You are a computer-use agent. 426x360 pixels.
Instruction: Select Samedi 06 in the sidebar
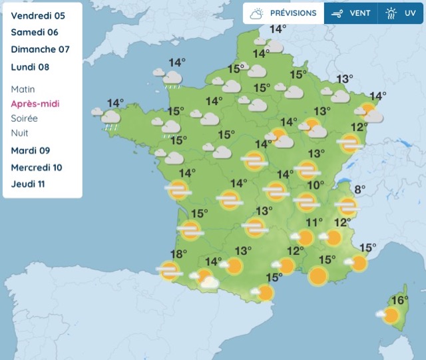tap(35, 32)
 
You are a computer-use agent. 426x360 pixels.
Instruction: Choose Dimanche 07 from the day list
tap(40, 49)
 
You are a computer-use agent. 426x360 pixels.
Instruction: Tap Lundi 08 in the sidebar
tap(30, 67)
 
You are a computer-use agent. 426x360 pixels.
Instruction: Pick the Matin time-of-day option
tap(23, 89)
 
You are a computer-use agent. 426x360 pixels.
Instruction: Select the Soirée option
tap(24, 118)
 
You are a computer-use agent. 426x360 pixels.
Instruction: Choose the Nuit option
tap(19, 133)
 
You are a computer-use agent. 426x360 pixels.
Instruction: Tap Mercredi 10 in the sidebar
tap(37, 167)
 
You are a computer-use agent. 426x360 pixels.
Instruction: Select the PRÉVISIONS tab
tap(284, 13)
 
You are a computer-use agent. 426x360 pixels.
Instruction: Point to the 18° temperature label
tap(178, 254)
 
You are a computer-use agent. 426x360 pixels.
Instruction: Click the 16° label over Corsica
tap(399, 300)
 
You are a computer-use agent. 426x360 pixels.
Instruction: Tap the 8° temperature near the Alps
tap(359, 190)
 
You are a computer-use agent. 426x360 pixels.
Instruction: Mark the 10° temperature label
tap(316, 185)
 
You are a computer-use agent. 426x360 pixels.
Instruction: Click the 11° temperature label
tap(314, 222)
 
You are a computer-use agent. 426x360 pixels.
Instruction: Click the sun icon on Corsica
tap(391, 315)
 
